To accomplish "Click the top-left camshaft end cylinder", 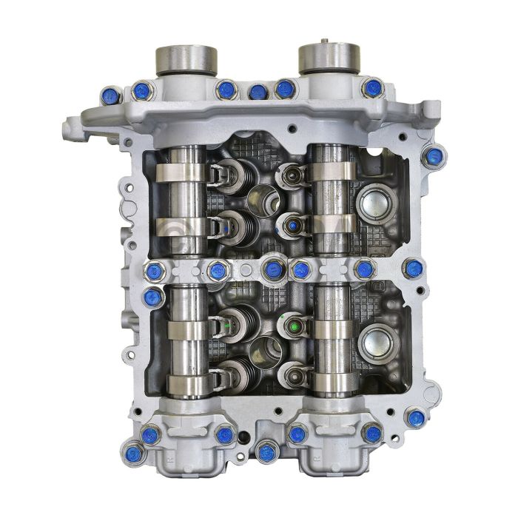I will (x=186, y=59).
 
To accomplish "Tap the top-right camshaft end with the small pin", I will (x=329, y=58).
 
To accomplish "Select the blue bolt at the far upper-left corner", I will (x=111, y=95).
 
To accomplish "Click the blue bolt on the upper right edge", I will (x=435, y=156).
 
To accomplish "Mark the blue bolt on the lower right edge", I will (x=416, y=418).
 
